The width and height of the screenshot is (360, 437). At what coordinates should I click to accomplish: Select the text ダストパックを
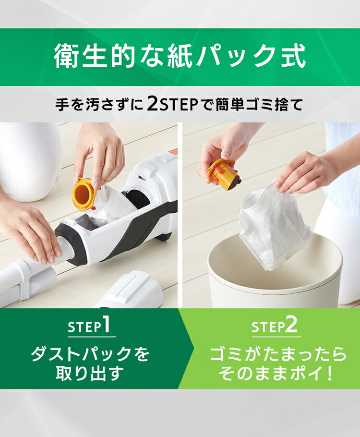pyautogui.click(x=90, y=354)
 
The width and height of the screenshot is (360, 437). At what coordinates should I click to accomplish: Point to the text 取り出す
pyautogui.click(x=90, y=373)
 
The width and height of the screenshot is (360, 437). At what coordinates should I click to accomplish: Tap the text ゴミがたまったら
pyautogui.click(x=278, y=354)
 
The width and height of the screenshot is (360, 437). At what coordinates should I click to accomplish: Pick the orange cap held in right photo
pyautogui.click(x=223, y=173)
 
